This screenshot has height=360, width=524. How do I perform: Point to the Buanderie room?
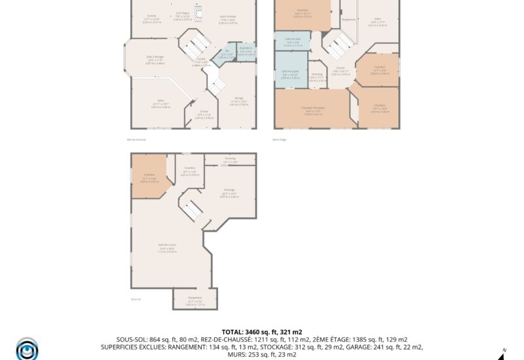(246, 50)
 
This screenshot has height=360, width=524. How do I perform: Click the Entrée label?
(204, 112)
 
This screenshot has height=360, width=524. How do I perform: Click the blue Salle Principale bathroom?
(290, 75)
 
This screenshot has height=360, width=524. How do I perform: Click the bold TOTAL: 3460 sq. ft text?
(261, 332)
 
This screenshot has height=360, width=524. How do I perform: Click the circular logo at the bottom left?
(28, 348)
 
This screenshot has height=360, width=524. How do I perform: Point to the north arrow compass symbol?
(501, 353)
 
